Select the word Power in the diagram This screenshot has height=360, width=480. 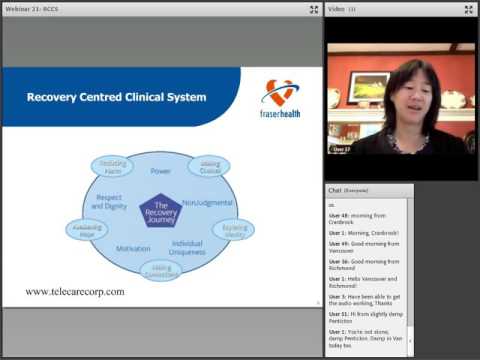(161, 171)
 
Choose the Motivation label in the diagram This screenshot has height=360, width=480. (133, 248)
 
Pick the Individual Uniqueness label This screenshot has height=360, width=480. (187, 248)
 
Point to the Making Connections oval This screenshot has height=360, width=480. (161, 270)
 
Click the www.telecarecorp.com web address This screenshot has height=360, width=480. (75, 292)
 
